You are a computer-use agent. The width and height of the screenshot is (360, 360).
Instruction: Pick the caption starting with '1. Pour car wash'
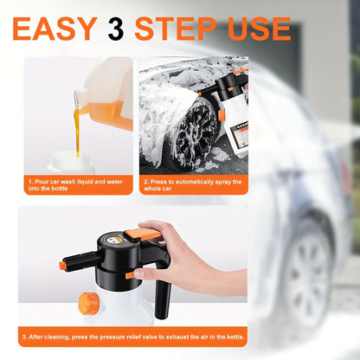pos(76,185)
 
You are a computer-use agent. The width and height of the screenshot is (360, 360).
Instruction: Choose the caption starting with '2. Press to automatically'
pos(193,185)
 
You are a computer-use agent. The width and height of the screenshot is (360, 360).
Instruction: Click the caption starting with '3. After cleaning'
pos(132,336)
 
